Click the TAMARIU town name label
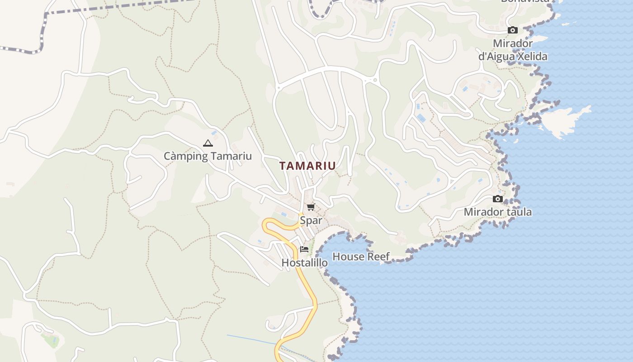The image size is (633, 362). [307, 166]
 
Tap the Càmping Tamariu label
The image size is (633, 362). [208, 156]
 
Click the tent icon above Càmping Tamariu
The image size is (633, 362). [208, 143]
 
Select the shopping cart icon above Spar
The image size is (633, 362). [311, 207]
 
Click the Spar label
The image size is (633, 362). [311, 220]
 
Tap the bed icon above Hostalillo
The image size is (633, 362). [304, 249]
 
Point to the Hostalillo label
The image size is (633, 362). [304, 262]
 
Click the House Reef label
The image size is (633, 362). [361, 257]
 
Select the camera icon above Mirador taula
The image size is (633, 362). [498, 199]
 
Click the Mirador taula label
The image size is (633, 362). [498, 212]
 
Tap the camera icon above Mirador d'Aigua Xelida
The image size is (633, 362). [512, 30]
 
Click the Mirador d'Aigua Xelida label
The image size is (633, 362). [513, 50]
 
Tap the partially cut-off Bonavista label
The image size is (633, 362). [525, 1]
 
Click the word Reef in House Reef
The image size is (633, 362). [378, 257]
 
